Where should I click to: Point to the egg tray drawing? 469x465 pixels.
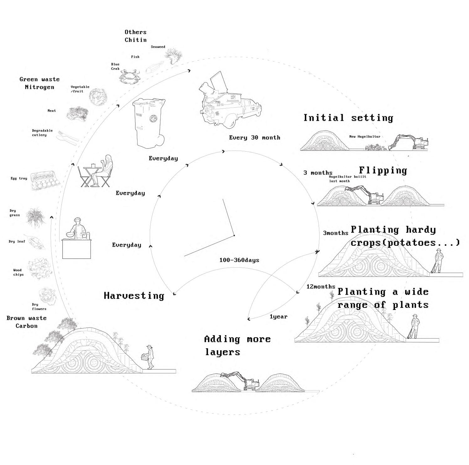pyautogui.click(x=44, y=180)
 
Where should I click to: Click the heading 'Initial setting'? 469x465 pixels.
pyautogui.click(x=348, y=118)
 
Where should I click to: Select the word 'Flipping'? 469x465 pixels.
pyautogui.click(x=383, y=171)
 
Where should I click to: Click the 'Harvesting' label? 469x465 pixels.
pyautogui.click(x=134, y=296)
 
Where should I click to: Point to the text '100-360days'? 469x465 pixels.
pyautogui.click(x=239, y=260)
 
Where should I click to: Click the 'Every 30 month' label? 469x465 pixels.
pyautogui.click(x=254, y=137)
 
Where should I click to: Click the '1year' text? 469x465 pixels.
pyautogui.click(x=279, y=317)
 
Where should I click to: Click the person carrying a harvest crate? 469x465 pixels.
pyautogui.click(x=149, y=356)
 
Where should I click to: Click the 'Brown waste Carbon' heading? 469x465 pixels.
pyautogui.click(x=27, y=322)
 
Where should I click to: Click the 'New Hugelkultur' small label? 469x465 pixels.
pyautogui.click(x=365, y=136)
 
